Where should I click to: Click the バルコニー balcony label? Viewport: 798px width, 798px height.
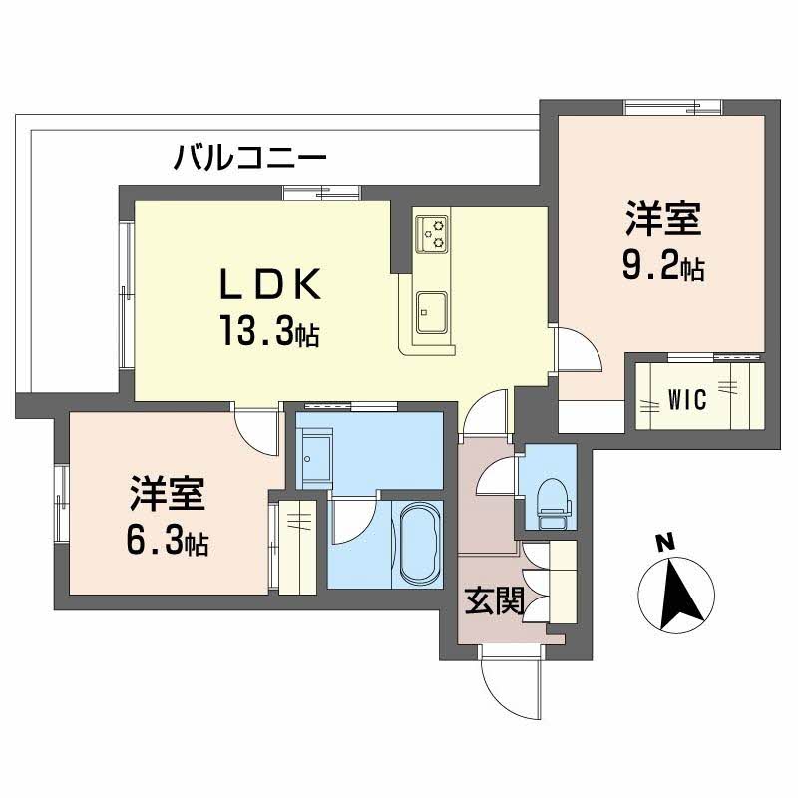click(249, 158)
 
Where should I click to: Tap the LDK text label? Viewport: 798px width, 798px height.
click(269, 284)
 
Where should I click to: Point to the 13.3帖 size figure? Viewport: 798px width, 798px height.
click(269, 331)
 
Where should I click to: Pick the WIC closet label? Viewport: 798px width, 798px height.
click(687, 400)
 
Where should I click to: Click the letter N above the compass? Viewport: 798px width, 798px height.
click(664, 543)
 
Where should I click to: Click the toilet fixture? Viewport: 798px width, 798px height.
click(554, 504)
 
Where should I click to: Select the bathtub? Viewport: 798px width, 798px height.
click(421, 545)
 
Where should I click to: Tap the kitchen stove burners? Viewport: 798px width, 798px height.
click(432, 234)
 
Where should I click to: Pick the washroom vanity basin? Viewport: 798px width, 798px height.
click(314, 458)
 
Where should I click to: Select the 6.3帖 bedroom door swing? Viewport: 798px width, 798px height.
click(257, 429)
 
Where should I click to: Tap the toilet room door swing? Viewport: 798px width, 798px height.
click(496, 475)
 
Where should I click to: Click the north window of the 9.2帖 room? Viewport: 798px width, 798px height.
click(672, 108)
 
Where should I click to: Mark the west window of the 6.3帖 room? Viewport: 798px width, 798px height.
click(61, 503)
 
